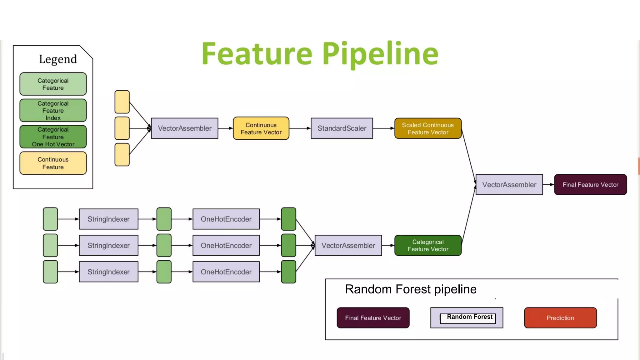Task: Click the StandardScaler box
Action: click(342, 128)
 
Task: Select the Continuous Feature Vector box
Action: click(261, 128)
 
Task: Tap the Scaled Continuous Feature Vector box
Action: click(428, 128)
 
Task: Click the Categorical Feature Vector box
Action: click(428, 245)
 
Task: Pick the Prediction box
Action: click(560, 318)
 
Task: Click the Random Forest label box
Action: click(469, 317)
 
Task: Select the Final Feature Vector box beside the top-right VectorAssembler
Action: click(590, 185)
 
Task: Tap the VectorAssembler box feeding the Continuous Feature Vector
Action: click(184, 128)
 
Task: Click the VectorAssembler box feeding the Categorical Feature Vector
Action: click(348, 245)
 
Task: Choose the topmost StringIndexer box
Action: click(108, 219)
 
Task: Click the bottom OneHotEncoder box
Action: click(226, 272)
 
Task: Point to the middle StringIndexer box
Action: click(108, 245)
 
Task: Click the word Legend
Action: click(58, 59)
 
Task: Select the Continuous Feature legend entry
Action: click(53, 163)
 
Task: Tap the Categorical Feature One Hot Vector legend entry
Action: click(53, 137)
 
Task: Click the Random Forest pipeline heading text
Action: click(410, 289)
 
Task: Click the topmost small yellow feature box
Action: click(122, 102)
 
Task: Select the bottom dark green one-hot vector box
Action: click(288, 272)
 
